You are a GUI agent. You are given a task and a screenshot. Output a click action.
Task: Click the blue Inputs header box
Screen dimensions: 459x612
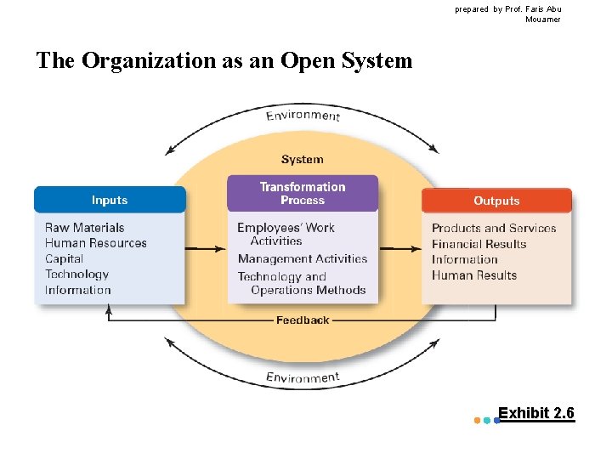110,200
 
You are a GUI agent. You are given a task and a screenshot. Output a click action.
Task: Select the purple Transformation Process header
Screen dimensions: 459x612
303,194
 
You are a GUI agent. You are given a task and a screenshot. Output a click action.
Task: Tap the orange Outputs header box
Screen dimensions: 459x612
496,201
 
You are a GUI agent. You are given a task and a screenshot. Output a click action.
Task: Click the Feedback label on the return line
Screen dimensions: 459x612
303,320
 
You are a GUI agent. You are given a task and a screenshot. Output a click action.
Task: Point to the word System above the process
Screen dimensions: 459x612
303,159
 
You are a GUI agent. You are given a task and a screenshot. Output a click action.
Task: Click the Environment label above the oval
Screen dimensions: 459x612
303,116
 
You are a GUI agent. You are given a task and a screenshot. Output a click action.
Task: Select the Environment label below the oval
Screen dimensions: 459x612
303,377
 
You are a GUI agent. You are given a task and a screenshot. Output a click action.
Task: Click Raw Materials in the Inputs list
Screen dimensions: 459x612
85,228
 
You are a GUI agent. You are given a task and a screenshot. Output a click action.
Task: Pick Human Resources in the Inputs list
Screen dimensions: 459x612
96,243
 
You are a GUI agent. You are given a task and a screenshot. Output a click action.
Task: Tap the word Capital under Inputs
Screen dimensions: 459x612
65,258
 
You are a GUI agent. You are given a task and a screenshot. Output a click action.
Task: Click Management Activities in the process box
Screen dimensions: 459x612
303,258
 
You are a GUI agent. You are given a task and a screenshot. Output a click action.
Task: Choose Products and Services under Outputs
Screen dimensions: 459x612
494,228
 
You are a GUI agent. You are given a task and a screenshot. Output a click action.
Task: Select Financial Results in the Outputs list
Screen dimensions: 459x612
479,244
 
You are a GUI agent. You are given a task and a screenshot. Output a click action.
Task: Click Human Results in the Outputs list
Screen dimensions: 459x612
474,275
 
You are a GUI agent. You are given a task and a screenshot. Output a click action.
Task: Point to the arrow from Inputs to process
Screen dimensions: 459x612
206,249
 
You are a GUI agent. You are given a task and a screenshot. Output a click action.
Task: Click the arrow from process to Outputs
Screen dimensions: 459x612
399,249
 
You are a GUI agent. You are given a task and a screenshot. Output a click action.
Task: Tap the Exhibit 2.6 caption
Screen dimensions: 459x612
535,414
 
